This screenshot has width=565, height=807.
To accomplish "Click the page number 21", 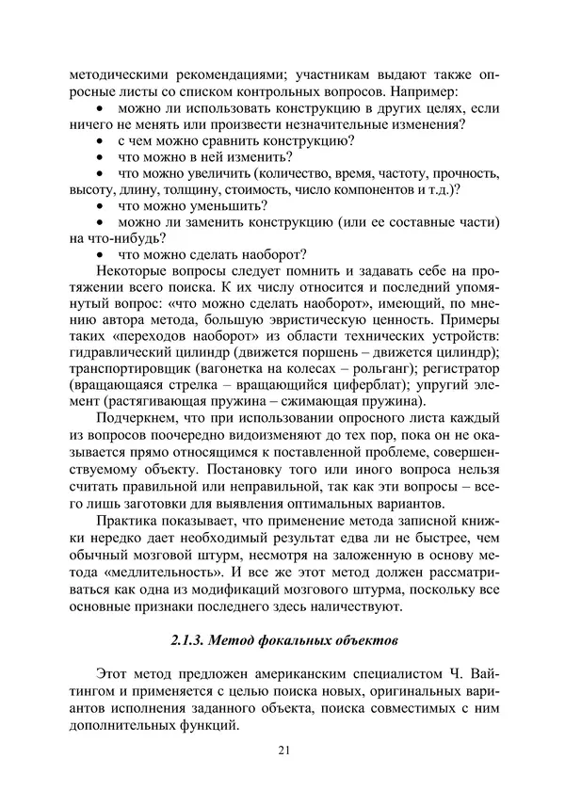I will [282, 750].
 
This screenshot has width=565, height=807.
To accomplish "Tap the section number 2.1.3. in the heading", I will [194, 640].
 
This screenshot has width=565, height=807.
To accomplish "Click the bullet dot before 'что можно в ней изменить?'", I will [101, 156].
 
